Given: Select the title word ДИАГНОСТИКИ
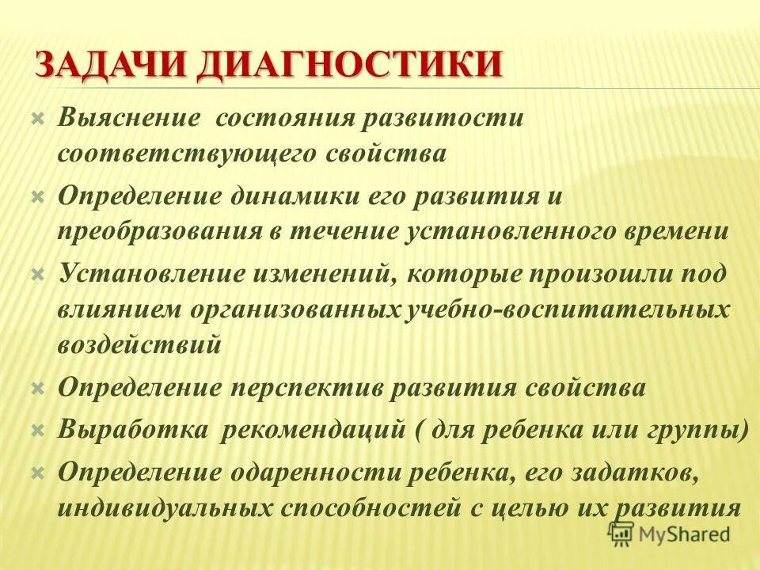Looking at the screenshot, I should [x=348, y=63].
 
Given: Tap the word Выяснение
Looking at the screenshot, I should [x=127, y=118].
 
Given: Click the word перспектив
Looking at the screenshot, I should [x=321, y=388].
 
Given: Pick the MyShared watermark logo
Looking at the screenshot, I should [x=669, y=534].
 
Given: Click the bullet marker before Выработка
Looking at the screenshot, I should [x=36, y=430].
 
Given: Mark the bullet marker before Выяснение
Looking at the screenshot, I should [x=36, y=118].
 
